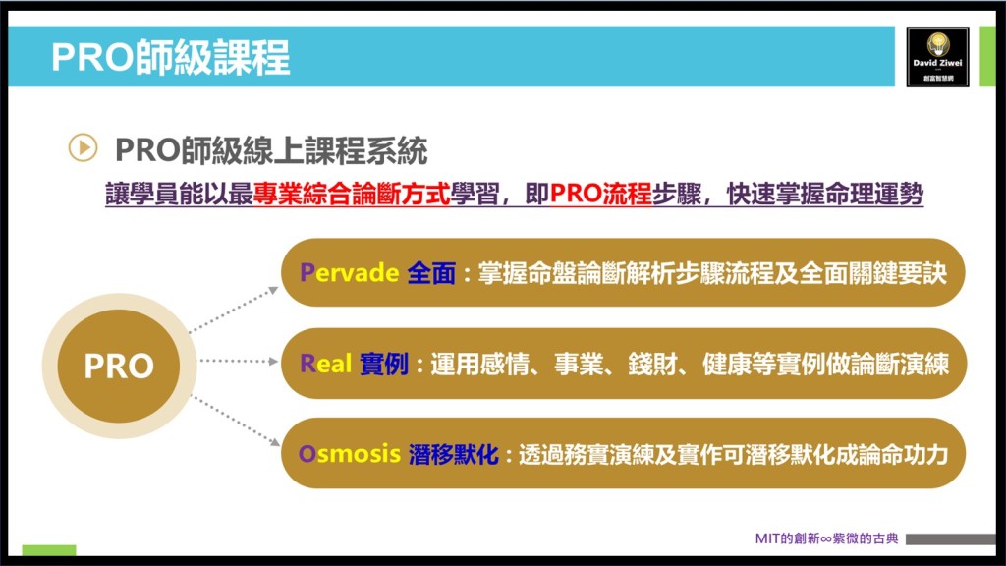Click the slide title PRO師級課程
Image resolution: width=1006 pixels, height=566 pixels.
[171, 57]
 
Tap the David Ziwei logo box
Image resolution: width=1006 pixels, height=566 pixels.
[937, 57]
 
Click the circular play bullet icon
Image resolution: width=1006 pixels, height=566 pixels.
[83, 147]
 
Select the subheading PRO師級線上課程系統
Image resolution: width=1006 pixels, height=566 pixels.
[271, 150]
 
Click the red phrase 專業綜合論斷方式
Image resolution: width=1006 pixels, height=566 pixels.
[352, 194]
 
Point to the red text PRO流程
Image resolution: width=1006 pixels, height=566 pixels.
[600, 194]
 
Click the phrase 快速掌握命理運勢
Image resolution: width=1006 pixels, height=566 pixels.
[825, 194]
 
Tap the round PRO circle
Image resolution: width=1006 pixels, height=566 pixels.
[119, 366]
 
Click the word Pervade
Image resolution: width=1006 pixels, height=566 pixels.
[349, 273]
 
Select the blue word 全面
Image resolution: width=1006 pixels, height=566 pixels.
[431, 273]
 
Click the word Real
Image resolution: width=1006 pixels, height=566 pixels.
[325, 364]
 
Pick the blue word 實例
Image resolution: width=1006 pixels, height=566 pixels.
[384, 364]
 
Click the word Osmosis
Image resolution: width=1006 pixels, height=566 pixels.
[350, 454]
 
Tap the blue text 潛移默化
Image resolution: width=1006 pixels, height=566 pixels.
[454, 454]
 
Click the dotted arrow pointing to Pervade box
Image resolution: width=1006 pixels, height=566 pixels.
[234, 310]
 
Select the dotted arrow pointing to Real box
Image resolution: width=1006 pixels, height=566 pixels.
[239, 361]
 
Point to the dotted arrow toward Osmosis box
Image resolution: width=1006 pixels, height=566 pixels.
[236, 421]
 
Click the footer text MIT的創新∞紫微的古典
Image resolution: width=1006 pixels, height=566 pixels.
[826, 538]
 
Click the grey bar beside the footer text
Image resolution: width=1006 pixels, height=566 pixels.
[951, 539]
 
